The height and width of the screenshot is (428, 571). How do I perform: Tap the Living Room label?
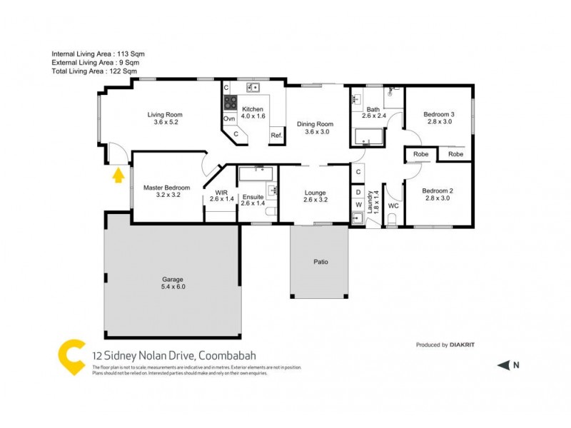coord(165,118)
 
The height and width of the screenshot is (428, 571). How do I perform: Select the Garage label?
coord(172,282)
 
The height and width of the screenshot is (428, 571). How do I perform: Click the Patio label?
coord(320,263)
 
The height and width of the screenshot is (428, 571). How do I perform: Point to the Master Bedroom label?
coord(166,191)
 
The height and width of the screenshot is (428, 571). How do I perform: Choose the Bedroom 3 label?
coord(438,118)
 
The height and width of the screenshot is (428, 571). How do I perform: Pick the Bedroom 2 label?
coord(438,194)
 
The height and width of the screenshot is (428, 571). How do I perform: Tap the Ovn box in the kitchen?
coord(229,118)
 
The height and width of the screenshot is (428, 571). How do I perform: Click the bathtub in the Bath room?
coord(368,135)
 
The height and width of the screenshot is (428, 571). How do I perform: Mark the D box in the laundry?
coord(358,192)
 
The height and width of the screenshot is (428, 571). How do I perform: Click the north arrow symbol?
coord(503,365)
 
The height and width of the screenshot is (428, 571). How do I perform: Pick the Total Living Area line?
coord(94,71)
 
